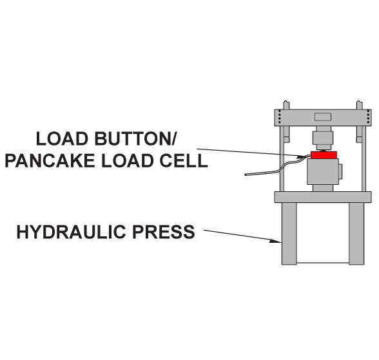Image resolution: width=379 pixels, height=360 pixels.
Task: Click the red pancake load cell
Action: coord(324,155)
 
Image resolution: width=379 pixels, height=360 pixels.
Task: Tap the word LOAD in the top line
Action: coord(62,139)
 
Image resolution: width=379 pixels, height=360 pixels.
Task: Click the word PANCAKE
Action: coord(50,160)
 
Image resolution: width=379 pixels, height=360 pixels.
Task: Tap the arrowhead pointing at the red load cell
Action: coord(303,156)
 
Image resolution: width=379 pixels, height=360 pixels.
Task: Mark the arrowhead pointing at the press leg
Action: coord(276,240)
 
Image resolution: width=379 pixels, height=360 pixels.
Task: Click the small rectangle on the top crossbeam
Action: coord(323,117)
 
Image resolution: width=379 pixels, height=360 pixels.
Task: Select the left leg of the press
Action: coord(289,234)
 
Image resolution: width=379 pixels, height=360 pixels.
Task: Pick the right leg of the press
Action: coord(356,234)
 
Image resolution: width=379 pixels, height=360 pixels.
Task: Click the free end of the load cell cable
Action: coord(246,175)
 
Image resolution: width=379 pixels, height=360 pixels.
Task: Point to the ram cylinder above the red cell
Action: coord(323,140)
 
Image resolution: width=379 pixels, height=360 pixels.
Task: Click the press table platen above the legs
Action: coord(323,197)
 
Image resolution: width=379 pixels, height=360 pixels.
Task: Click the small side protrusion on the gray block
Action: coord(340,171)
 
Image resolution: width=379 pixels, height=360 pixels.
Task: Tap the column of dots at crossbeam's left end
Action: coord(280,117)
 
